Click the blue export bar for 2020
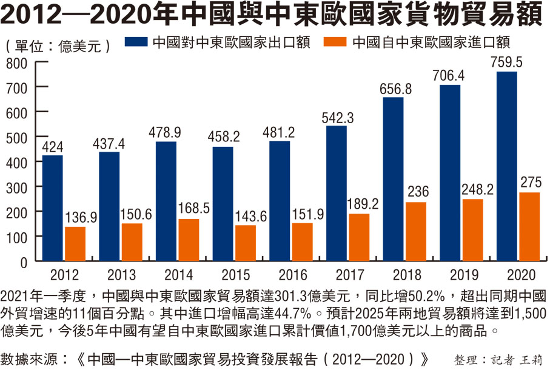coord(507,166)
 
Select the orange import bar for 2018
coord(415,231)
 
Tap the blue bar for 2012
coord(52,208)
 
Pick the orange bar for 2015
coord(245,243)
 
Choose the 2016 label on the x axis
coord(280,275)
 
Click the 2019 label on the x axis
coord(450,275)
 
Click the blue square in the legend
coord(136,43)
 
